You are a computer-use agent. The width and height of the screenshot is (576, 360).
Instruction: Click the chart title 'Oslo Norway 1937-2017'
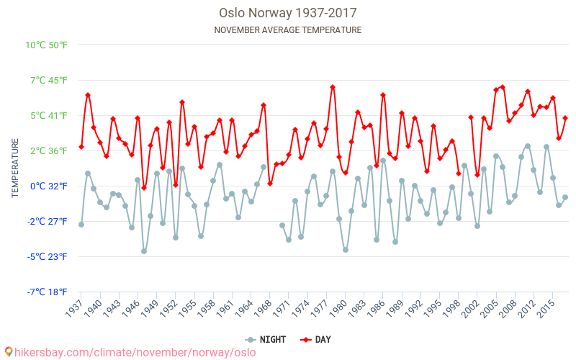tap(288, 13)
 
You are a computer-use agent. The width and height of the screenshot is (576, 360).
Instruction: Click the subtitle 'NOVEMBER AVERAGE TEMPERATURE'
tap(288, 30)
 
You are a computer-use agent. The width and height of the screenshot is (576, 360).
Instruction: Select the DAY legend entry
tap(317, 339)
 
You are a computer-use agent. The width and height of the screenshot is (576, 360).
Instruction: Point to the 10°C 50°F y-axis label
tap(47, 45)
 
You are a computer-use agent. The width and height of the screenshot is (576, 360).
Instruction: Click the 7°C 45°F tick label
tap(47, 81)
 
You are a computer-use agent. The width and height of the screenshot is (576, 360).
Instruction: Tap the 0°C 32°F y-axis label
tap(47, 186)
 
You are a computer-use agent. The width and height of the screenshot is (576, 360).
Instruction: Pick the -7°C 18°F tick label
tap(47, 292)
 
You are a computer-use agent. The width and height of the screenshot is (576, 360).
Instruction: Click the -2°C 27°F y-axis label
tap(47, 222)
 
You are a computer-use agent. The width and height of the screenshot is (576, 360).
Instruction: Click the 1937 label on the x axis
tap(73, 309)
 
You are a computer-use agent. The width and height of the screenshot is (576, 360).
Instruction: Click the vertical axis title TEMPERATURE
tap(15, 168)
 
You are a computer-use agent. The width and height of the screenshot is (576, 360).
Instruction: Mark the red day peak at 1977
tap(333, 87)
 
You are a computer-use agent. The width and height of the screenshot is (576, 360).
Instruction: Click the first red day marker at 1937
tap(81, 147)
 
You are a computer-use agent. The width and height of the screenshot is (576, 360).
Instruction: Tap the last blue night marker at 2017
tap(565, 197)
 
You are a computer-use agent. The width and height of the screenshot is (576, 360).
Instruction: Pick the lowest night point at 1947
tap(144, 251)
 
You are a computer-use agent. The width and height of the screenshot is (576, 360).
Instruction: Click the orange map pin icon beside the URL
tap(8, 352)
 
